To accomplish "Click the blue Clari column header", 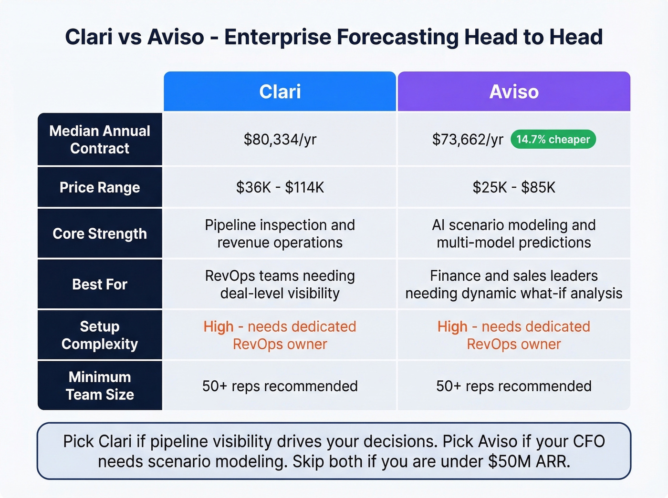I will coord(280,91).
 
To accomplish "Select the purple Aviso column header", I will coord(514,91).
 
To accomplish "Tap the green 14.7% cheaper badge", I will coord(553,139).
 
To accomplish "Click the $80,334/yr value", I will coord(280,140).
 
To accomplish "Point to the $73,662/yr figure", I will coord(467,140).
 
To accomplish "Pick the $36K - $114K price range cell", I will coord(280,187).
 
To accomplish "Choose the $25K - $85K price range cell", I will coord(514,187).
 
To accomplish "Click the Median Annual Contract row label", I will coord(100,140).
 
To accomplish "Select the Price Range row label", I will coord(100,187).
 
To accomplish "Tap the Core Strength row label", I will coord(100,234).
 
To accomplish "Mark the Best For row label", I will coord(100,285).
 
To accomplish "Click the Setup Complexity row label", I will coord(100,335).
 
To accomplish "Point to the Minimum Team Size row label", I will coord(100,386).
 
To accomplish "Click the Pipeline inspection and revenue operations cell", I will coord(280,234).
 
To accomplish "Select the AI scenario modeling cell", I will coord(514,234).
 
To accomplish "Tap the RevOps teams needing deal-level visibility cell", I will coord(280,285).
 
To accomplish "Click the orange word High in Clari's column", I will coord(219,326).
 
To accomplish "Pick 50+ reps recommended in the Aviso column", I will coord(514,386).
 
